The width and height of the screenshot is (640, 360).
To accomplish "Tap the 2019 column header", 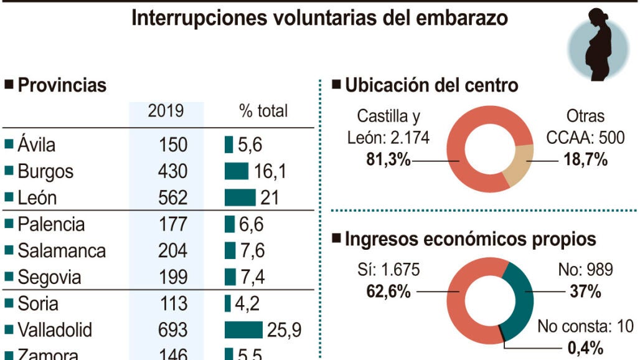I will pos(166,111).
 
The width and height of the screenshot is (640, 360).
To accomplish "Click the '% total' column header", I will pos(263,111).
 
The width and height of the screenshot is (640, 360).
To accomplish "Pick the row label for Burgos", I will pos(45,171).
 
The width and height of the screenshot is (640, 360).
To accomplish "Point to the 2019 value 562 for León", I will pos(172,198).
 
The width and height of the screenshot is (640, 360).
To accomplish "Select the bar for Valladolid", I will pos(243,329).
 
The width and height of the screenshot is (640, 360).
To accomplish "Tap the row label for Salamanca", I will pos(61,251).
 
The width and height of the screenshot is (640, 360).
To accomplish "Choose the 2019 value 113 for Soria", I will pos(172,303).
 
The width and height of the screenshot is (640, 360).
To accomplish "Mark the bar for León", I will pos(240,198).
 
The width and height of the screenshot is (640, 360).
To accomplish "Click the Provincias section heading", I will pos(62,85).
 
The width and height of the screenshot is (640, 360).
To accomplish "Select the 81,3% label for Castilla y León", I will pos(388,160).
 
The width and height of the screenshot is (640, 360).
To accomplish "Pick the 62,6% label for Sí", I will pos(388,291).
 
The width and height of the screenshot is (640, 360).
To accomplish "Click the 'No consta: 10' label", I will pos(585,326).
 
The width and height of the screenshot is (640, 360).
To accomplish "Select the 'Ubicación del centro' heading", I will pos(431,85).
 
